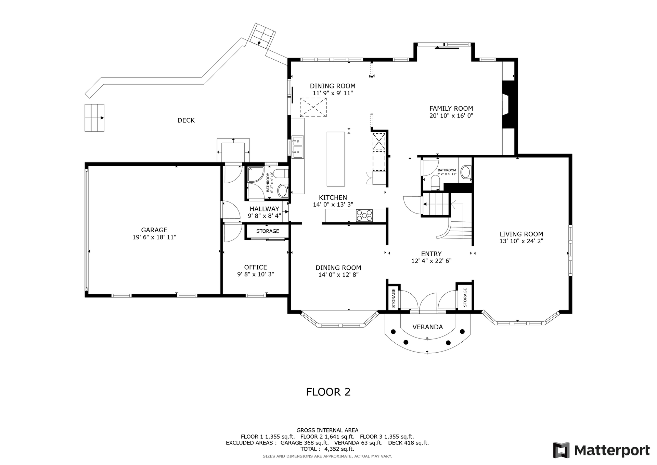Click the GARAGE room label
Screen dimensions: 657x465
(x=154, y=230)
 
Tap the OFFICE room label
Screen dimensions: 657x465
(x=256, y=267)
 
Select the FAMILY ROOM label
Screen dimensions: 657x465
(x=451, y=109)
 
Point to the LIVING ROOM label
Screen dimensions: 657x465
(x=521, y=234)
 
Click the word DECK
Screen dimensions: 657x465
(x=186, y=120)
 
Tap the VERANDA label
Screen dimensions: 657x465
(x=428, y=327)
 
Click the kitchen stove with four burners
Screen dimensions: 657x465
(x=364, y=216)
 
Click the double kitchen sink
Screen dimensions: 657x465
(x=297, y=147)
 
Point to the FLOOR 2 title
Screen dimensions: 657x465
(x=328, y=392)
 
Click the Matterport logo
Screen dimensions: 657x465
(x=601, y=450)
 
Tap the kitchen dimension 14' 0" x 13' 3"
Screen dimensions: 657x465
(x=333, y=205)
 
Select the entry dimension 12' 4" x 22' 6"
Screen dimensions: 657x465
(x=431, y=261)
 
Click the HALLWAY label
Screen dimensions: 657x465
(x=265, y=209)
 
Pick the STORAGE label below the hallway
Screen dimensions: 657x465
(x=268, y=231)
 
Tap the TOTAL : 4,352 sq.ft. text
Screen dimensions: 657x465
(x=327, y=449)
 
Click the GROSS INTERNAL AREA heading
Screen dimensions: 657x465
(x=327, y=430)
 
